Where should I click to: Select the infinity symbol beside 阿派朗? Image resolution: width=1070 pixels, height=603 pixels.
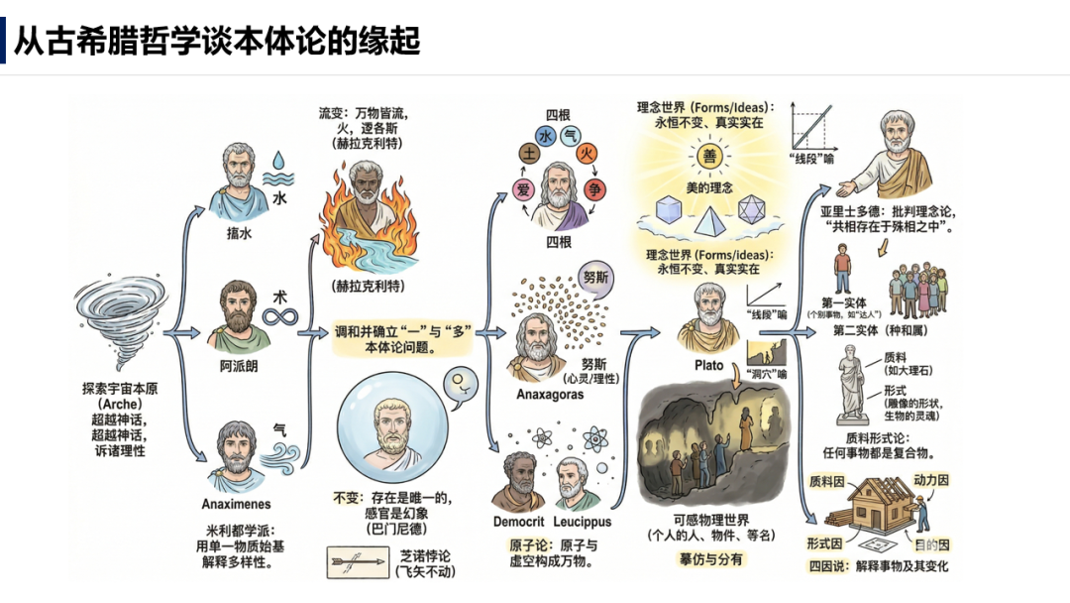[x=279, y=316]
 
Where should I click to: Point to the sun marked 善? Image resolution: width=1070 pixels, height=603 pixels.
[x=708, y=156]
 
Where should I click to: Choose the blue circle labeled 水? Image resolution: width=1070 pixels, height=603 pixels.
[x=545, y=135]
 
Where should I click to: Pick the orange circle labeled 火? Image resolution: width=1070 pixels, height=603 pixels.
[x=587, y=154]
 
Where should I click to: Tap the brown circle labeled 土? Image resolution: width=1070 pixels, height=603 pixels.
[x=529, y=155]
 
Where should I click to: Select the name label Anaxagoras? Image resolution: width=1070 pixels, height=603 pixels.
[x=550, y=395]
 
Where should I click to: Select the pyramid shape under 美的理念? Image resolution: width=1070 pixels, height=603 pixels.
[x=709, y=216]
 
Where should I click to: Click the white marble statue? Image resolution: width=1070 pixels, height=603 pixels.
[x=854, y=383]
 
